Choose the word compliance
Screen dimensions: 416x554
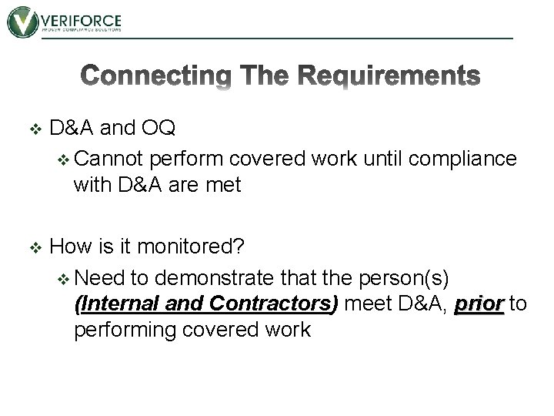click(464, 159)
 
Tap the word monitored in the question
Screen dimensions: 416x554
click(192, 248)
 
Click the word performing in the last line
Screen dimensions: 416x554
click(128, 330)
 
